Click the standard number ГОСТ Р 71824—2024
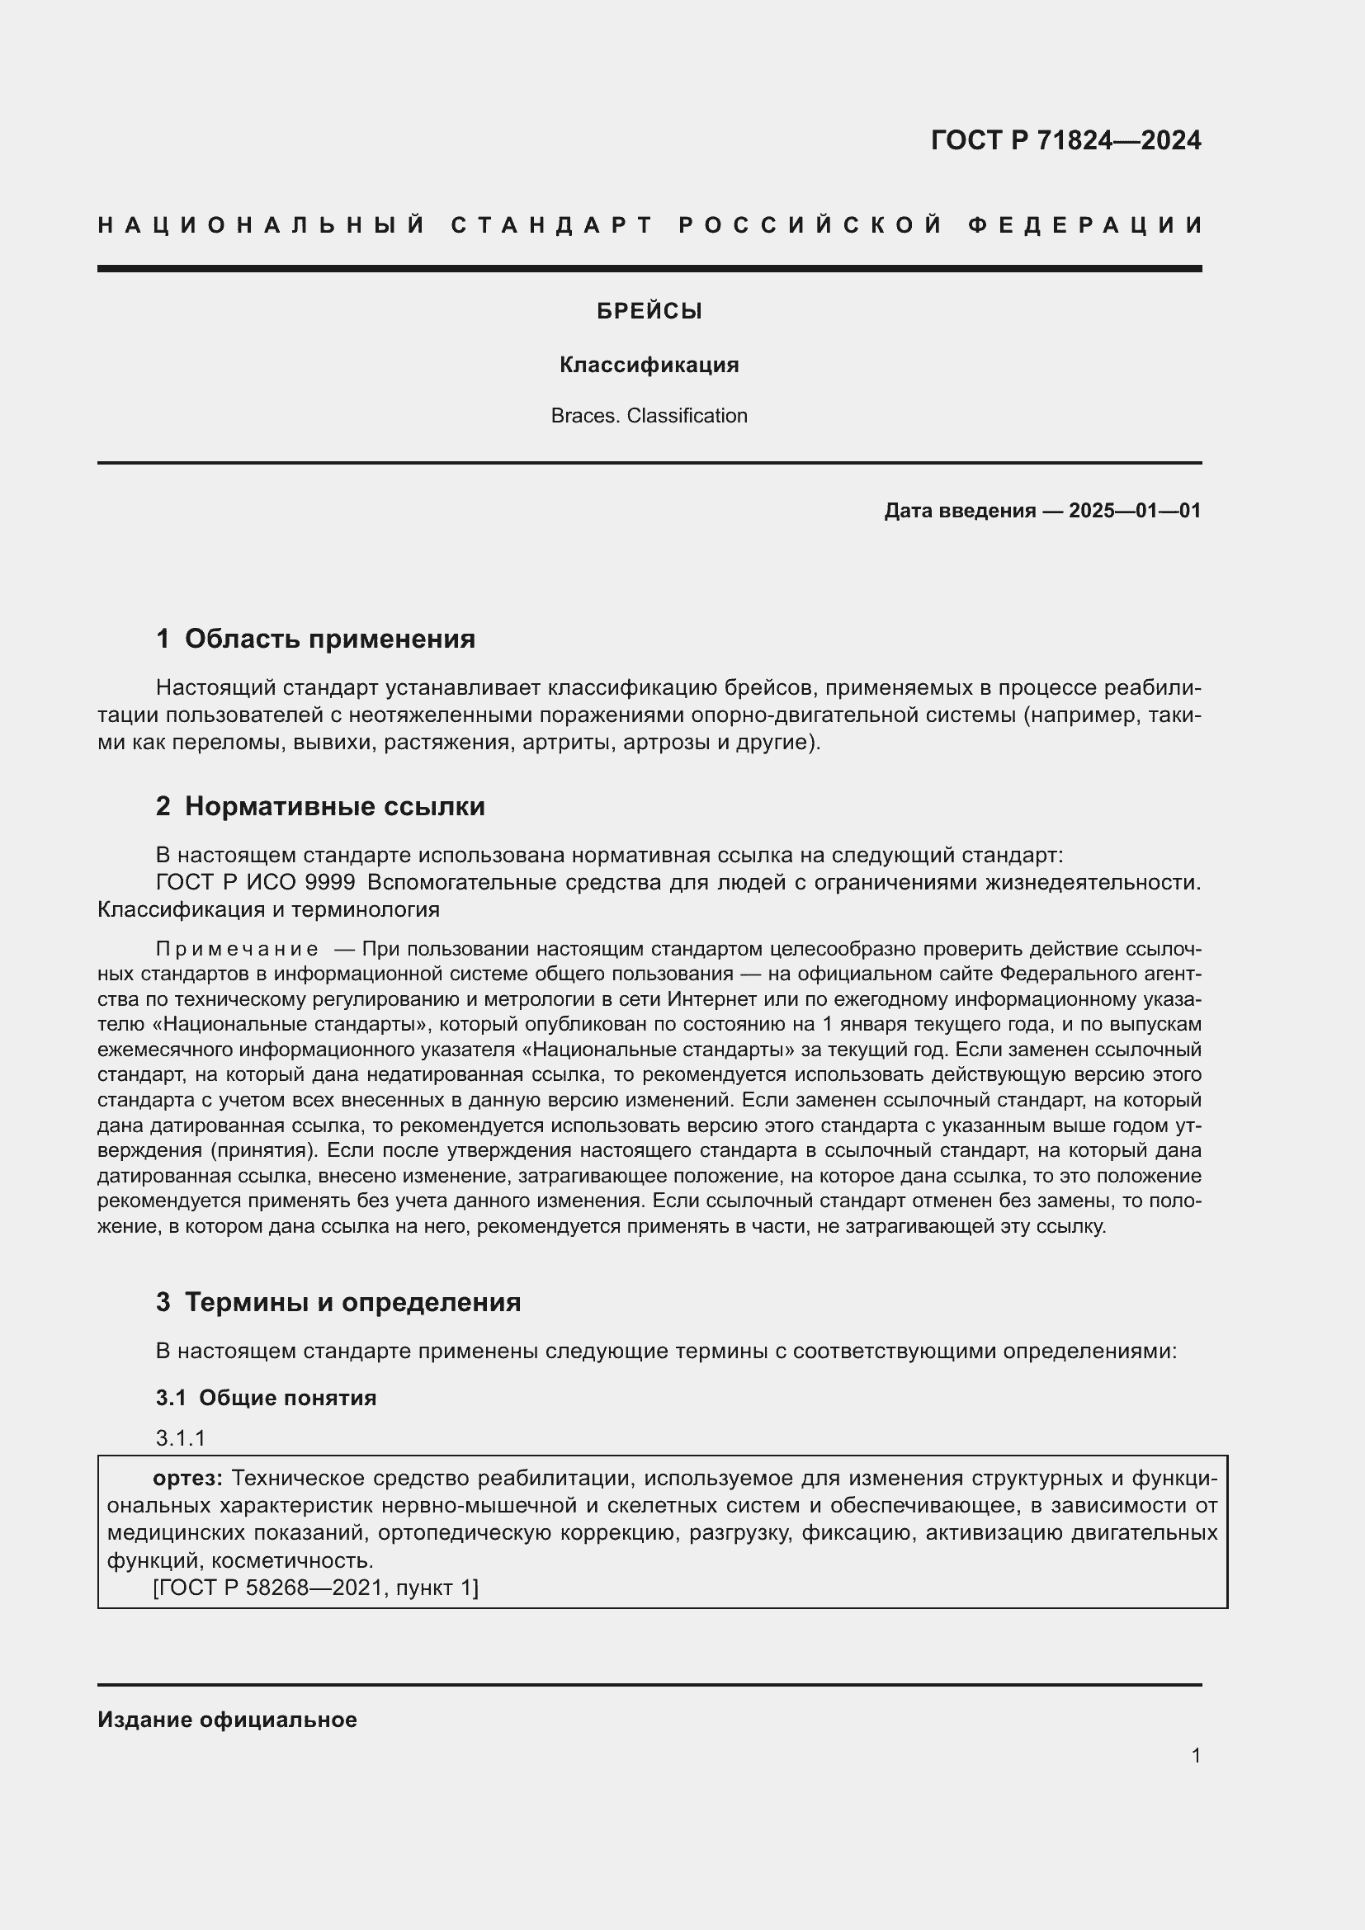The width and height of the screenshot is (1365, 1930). tap(1065, 140)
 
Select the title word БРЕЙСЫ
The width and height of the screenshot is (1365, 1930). tap(649, 312)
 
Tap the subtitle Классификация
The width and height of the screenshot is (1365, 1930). tap(649, 365)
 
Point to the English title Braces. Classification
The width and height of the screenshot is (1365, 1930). tap(649, 416)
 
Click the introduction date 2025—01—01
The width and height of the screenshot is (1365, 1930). tap(1134, 511)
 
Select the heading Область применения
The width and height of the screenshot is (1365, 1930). tap(329, 639)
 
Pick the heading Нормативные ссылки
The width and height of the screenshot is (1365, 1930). tap(334, 807)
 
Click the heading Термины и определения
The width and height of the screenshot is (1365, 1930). tap(352, 1302)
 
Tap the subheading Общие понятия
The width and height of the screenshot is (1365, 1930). tap(287, 1398)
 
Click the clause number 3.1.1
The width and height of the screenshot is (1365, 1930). tap(181, 1438)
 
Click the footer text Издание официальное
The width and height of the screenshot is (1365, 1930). tap(227, 1720)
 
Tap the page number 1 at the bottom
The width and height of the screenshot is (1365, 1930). tap(1196, 1755)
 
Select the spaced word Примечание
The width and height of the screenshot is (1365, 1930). tap(237, 950)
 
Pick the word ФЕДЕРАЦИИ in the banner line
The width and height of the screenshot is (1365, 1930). tap(1086, 225)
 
